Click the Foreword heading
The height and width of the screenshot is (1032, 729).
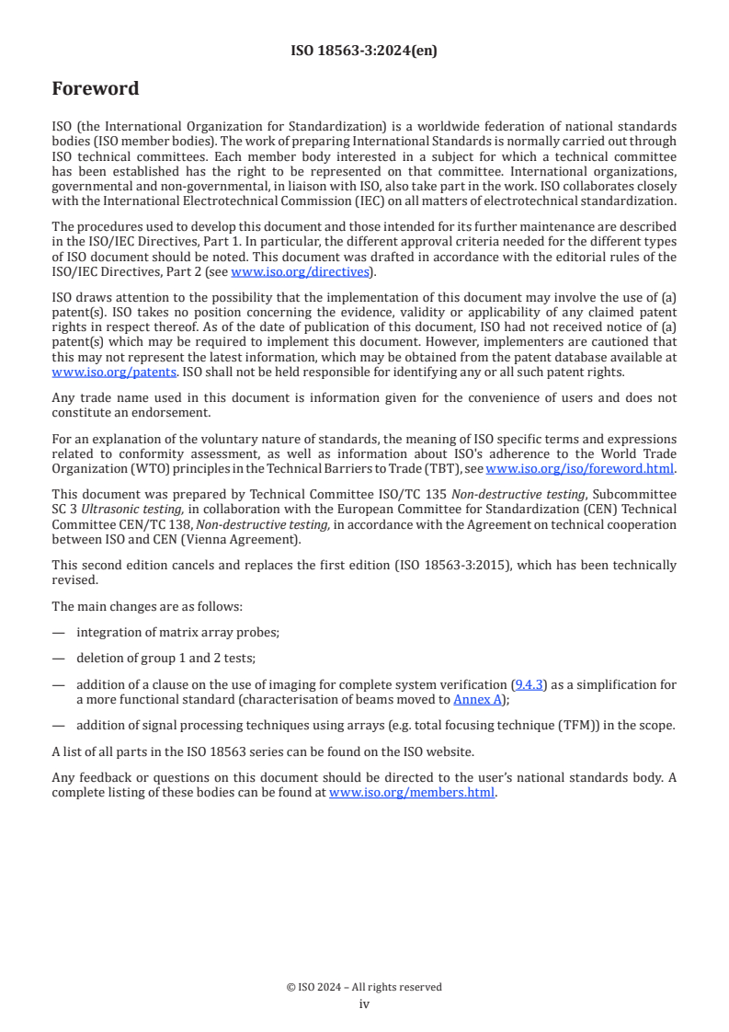96,89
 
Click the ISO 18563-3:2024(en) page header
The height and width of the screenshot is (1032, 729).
364,52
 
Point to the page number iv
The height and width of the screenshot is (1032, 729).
364,1004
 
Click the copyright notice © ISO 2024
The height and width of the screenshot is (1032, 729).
364,987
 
